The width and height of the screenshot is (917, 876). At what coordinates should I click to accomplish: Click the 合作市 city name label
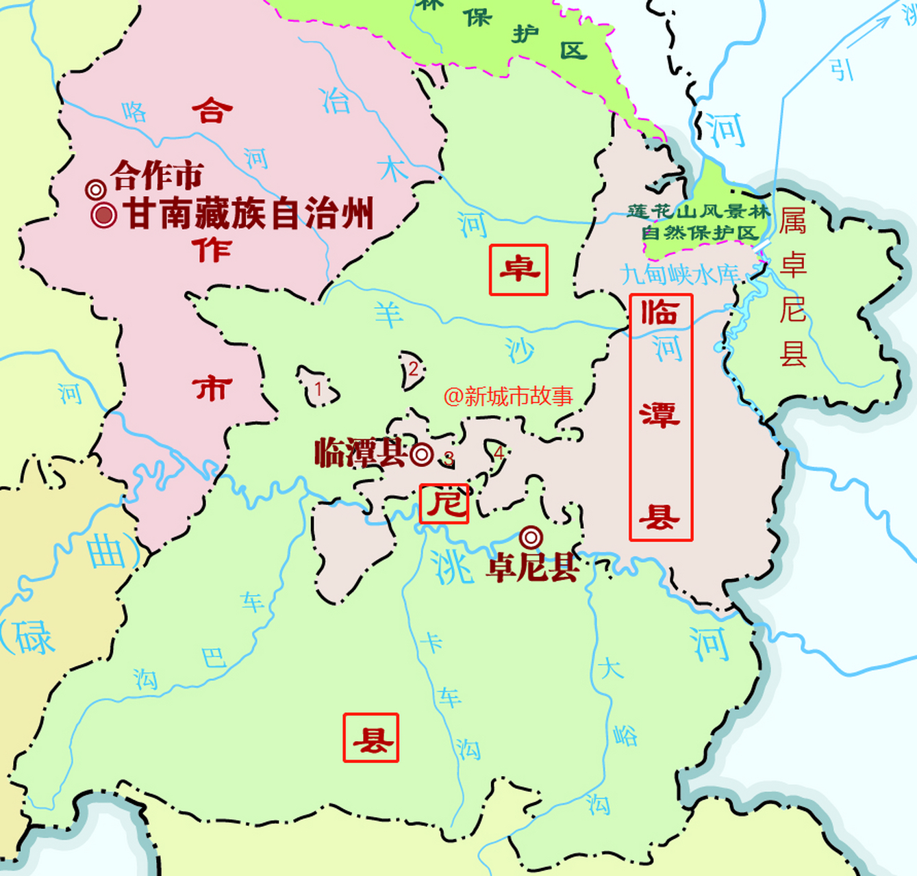coord(157,176)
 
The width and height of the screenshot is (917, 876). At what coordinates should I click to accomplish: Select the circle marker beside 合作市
coord(96,190)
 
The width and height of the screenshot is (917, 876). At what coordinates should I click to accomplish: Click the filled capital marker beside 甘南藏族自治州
coord(103,215)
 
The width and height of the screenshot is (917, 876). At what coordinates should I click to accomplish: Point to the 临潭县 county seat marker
coord(422,454)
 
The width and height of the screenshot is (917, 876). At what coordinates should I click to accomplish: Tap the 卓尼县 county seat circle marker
coord(531,537)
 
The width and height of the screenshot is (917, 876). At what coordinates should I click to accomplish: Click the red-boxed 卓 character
coord(518,270)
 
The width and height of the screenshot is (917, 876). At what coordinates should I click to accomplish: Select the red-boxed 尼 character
coord(444,504)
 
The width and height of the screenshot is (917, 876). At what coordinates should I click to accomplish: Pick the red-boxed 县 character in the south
coord(370,738)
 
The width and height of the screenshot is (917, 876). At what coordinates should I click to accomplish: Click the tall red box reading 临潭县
coord(661,417)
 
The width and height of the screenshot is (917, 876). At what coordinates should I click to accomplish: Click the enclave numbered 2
coord(413,370)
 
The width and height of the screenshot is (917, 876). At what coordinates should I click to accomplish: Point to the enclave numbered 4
coord(499,453)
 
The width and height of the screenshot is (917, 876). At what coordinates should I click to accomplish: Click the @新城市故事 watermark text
coord(507,396)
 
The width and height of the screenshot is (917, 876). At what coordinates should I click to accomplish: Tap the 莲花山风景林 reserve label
coord(698,211)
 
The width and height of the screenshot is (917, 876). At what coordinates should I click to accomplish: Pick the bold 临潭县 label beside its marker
coord(360,453)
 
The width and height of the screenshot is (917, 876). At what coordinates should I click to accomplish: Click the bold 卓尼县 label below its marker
coord(533,567)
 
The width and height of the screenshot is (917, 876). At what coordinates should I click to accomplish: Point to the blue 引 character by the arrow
coord(842,69)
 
